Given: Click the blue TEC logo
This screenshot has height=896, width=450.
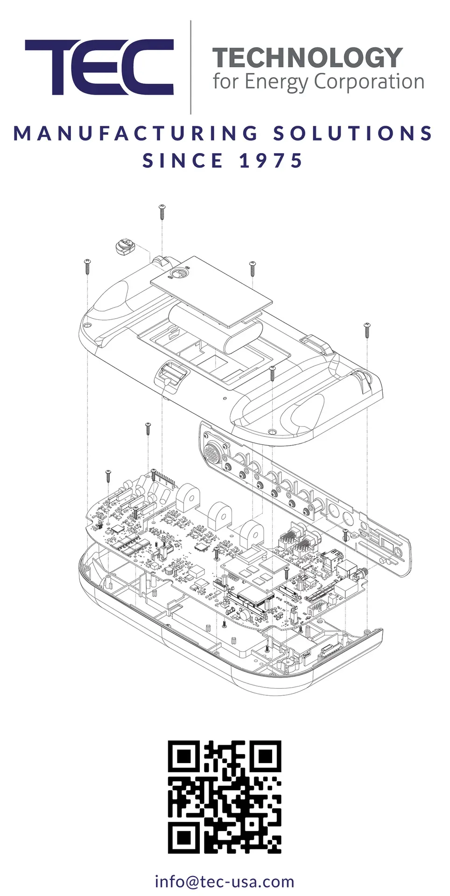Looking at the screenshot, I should pyautogui.click(x=99, y=67).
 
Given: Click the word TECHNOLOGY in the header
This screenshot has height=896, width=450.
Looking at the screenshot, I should pyautogui.click(x=308, y=58).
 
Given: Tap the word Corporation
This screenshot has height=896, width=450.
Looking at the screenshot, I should pyautogui.click(x=369, y=82).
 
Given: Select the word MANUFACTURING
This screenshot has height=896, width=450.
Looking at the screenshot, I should pyautogui.click(x=135, y=133).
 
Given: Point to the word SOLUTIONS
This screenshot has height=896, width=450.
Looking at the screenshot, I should pyautogui.click(x=353, y=133).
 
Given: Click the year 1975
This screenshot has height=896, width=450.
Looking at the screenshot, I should pyautogui.click(x=271, y=161).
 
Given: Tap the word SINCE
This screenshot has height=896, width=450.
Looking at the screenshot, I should pyautogui.click(x=183, y=161).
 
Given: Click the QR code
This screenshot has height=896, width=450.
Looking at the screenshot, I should pyautogui.click(x=225, y=797).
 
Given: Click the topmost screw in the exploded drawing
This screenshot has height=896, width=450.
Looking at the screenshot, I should pyautogui.click(x=162, y=211).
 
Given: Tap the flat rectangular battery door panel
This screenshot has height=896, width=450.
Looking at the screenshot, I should pyautogui.click(x=211, y=289).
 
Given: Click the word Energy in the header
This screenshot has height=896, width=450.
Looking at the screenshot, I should pyautogui.click(x=276, y=83).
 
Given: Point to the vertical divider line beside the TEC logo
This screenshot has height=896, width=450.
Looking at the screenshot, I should pyautogui.click(x=190, y=67).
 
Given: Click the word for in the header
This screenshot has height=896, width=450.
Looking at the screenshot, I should pyautogui.click(x=226, y=82).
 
